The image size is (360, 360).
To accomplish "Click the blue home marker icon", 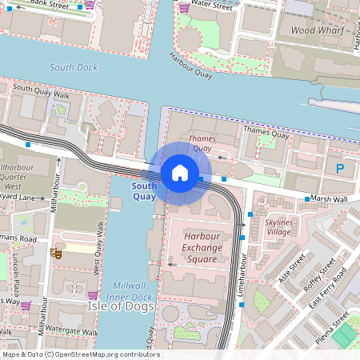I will (180, 172).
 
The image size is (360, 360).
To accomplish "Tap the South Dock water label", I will (73, 68).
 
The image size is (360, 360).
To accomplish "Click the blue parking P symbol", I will (340, 168).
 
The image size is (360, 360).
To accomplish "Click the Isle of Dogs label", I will (118, 306).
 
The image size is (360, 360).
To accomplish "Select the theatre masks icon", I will (57, 254).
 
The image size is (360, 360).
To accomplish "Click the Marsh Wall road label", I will (329, 199).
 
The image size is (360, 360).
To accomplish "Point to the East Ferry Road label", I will (328, 291).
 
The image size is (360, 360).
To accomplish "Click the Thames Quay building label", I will (201, 143).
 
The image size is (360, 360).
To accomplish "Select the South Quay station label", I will (144, 191).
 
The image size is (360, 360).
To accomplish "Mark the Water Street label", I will (212, 6).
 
